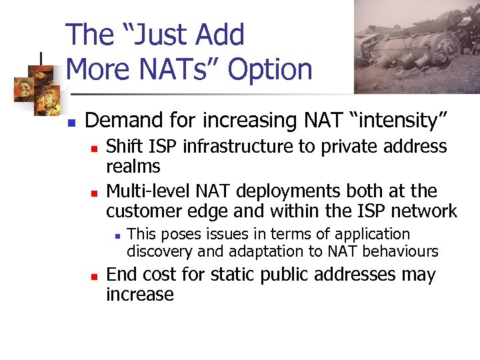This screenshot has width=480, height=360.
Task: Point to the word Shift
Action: (124, 147)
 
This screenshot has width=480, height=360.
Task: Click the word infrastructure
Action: (229, 147)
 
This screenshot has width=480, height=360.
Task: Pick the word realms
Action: (133, 167)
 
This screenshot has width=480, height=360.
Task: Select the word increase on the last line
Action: (140, 295)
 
